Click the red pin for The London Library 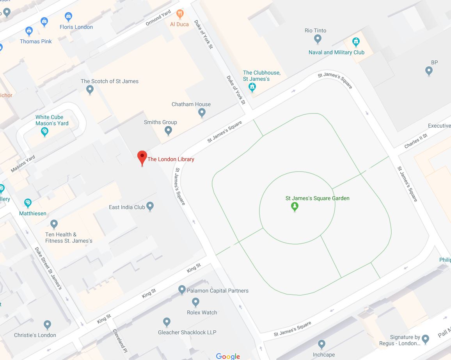click(142, 158)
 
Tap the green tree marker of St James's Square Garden click(295, 207)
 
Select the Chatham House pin click(202, 113)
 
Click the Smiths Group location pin click(168, 131)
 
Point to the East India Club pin click(150, 207)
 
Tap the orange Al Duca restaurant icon click(179, 14)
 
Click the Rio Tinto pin click(318, 39)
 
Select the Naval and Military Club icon click(355, 41)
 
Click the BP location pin click(429, 71)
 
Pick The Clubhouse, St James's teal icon click(252, 87)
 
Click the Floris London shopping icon click(68, 17)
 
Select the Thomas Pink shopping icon click(29, 31)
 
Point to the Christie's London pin click(47, 325)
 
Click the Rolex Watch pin click(196, 302)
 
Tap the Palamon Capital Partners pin click(181, 290)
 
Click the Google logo click(228, 356)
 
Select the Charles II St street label click(416, 141)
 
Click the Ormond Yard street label click(158, 18)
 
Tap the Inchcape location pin click(321, 344)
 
